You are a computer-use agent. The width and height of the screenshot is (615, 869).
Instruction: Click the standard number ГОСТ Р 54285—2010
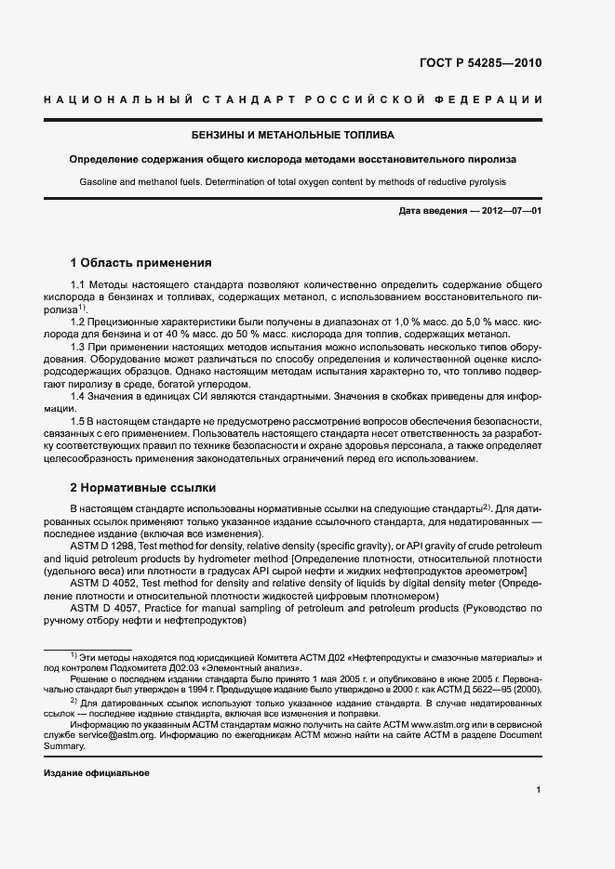[487, 64]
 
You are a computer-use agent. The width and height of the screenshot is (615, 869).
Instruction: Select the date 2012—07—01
[506, 212]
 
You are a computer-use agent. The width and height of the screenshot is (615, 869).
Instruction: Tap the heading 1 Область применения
[141, 262]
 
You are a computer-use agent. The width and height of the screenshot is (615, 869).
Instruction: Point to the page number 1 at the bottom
[539, 790]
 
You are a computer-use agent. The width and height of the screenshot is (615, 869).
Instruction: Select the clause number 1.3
[78, 346]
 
